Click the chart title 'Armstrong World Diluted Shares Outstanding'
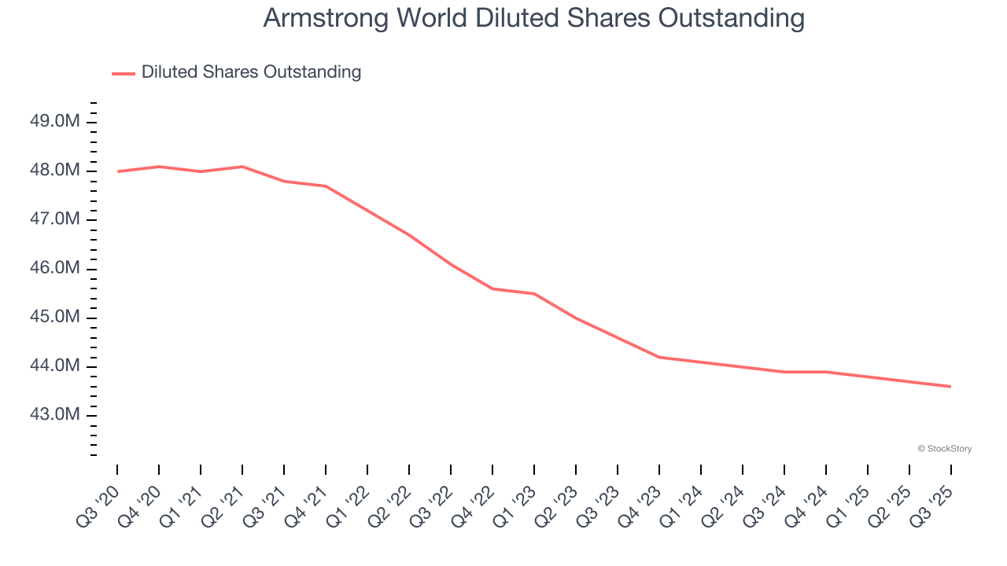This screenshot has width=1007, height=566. (x=533, y=18)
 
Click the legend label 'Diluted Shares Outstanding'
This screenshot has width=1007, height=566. (x=251, y=72)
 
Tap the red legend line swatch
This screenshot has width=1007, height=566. (x=124, y=73)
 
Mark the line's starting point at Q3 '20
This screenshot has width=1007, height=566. (x=118, y=171)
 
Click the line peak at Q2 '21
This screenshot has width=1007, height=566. (x=242, y=167)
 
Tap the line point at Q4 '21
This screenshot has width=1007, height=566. (x=326, y=186)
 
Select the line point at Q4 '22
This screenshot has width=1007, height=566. (x=492, y=289)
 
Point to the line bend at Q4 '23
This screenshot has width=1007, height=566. (x=659, y=357)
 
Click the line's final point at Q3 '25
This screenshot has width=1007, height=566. (x=950, y=386)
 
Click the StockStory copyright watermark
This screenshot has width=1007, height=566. (x=944, y=449)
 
